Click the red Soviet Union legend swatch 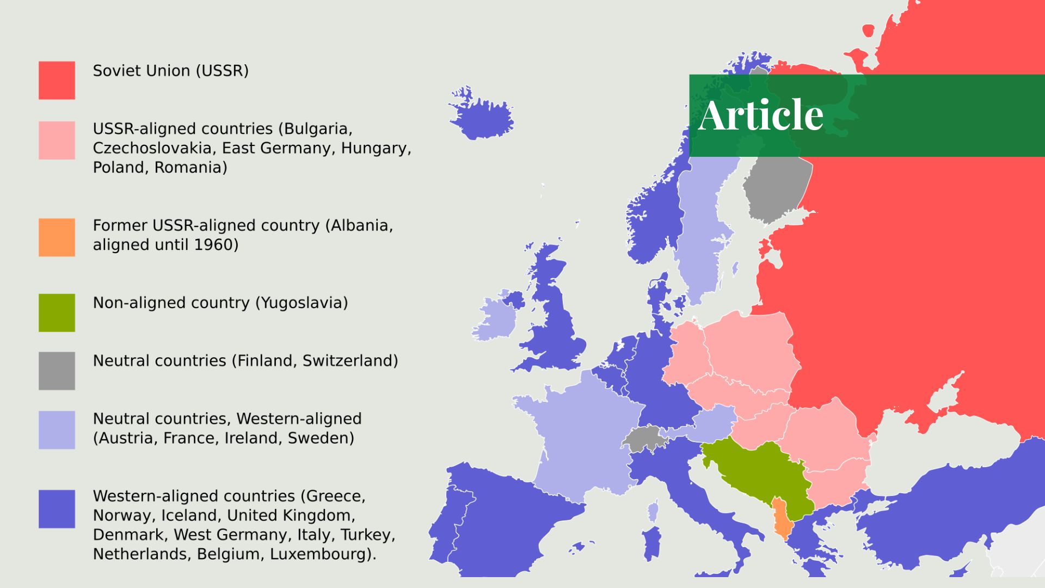tap(57, 80)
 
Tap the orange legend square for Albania tap(57, 237)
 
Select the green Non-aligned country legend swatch tap(57, 313)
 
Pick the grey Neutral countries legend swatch tap(57, 371)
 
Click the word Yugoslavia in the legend tap(301, 303)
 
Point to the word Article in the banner tap(760, 115)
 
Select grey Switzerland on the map tap(643, 438)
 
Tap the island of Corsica tap(653, 512)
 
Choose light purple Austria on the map tap(710, 424)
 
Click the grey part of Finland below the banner tap(776, 185)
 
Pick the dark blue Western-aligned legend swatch tap(57, 509)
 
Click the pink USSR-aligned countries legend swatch tap(57, 140)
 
